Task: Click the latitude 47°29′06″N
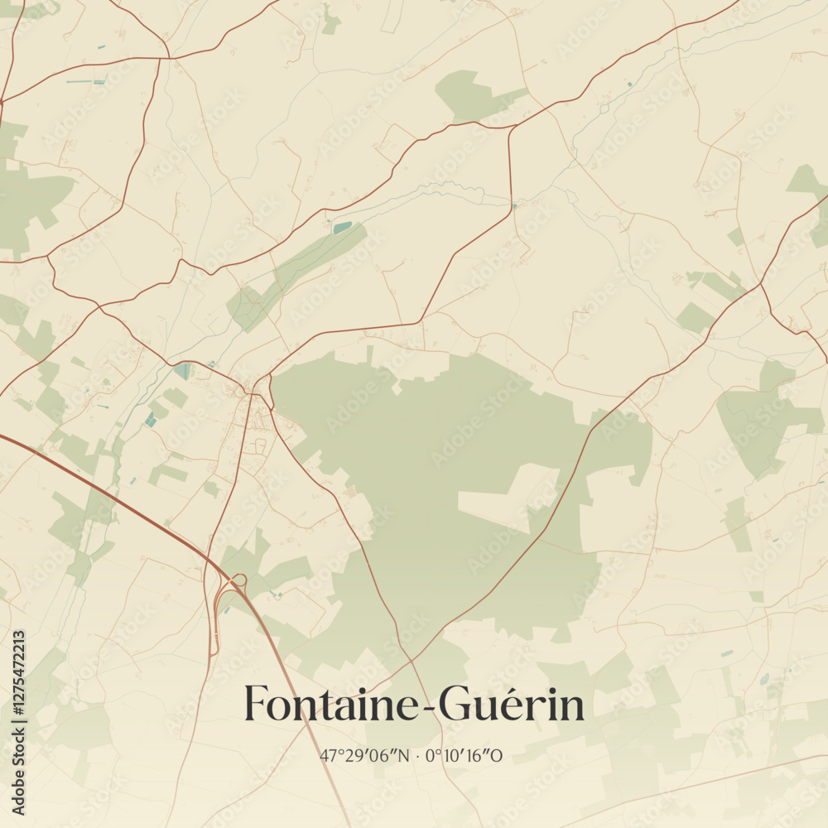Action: coord(364,756)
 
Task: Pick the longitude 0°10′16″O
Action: coord(465,756)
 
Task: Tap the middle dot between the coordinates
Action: coord(418,756)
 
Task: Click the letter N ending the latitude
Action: coord(403,756)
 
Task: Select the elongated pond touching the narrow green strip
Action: coord(342,227)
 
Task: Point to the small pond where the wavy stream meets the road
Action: coord(514,205)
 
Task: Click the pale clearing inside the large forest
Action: coord(505,497)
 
